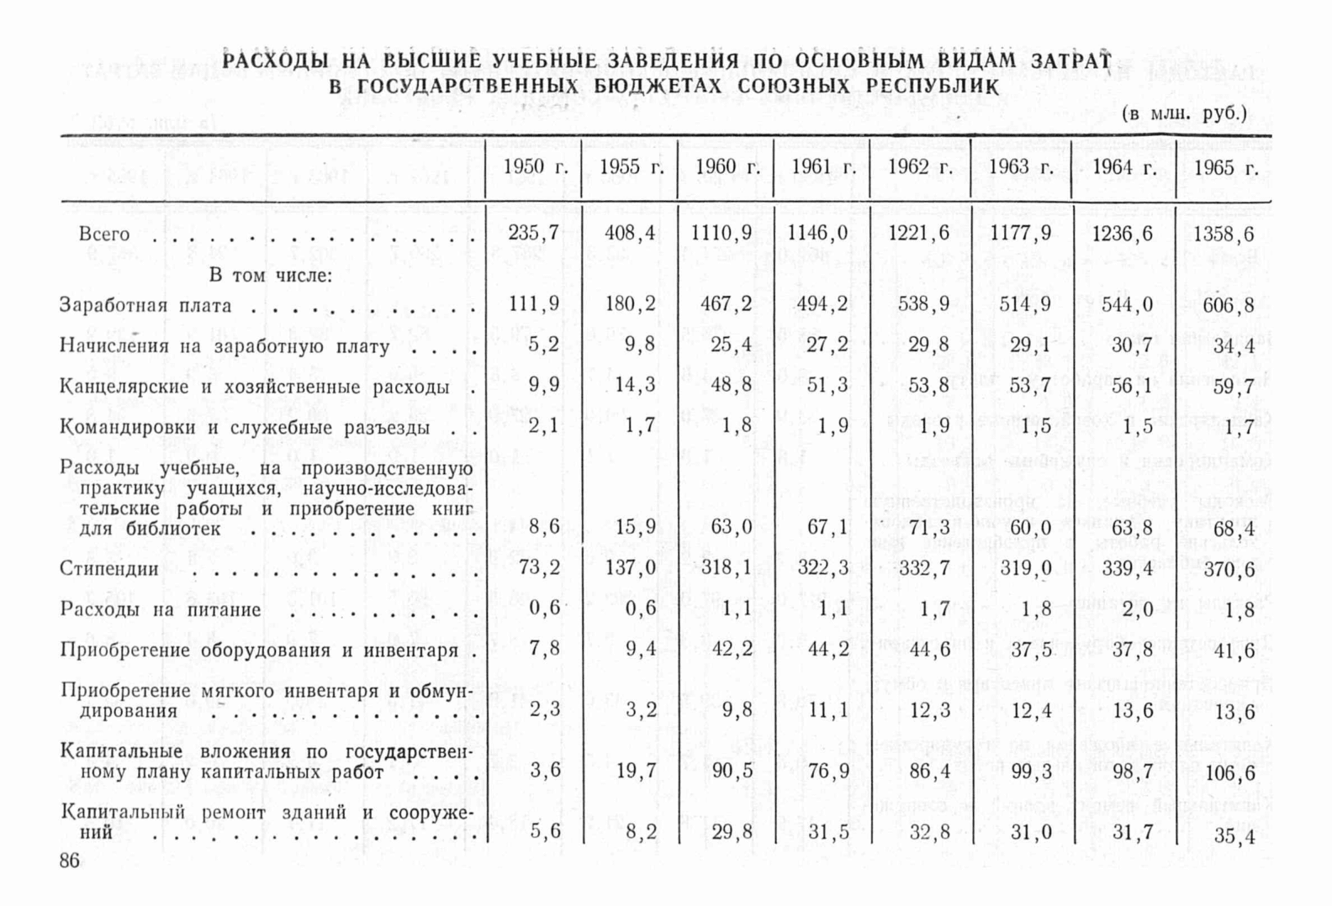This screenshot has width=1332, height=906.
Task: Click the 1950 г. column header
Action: click(535, 167)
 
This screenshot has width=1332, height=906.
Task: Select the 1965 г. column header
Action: click(1225, 168)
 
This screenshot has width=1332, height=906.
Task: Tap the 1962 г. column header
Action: click(919, 167)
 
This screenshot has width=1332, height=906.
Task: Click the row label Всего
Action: click(104, 234)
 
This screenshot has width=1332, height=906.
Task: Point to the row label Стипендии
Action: click(109, 569)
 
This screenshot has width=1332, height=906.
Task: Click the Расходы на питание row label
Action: click(161, 609)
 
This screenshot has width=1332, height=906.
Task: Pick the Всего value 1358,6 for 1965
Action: click(1224, 234)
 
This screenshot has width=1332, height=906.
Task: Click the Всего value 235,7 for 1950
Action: click(533, 233)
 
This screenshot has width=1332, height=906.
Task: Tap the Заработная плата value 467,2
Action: click(727, 303)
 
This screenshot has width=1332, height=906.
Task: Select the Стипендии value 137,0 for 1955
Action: click(631, 567)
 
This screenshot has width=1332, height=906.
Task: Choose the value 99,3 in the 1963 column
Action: click(1025, 770)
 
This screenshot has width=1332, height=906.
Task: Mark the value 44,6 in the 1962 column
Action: click(929, 649)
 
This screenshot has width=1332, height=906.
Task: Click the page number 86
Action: click(69, 861)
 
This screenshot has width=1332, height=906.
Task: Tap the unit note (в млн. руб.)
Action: click(1184, 113)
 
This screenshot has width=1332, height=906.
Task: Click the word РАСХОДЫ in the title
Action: click(275, 61)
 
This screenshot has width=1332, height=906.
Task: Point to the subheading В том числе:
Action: click(270, 275)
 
